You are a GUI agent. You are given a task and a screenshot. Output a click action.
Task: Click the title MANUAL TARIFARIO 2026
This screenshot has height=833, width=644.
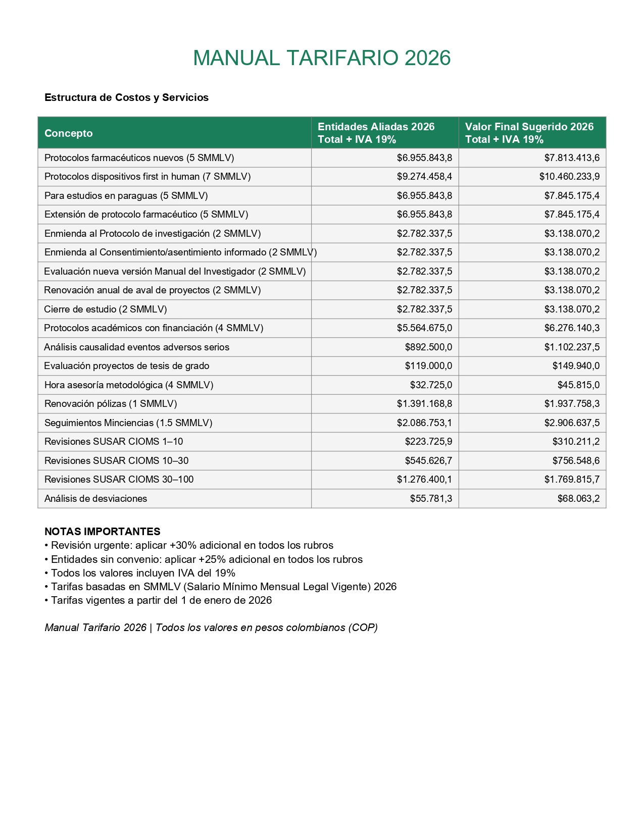point(322,58)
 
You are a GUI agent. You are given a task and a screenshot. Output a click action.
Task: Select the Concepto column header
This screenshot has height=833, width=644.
point(69,133)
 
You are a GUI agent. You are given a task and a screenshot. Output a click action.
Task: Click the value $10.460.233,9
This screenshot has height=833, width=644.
point(569,177)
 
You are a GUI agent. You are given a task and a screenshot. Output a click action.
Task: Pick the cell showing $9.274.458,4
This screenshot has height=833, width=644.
point(424,177)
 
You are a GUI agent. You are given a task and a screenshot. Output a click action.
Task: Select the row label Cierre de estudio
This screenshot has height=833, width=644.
point(106,309)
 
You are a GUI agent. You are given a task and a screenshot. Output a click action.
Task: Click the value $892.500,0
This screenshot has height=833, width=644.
point(428,347)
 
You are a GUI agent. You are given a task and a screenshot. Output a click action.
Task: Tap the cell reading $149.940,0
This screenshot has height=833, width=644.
point(576,366)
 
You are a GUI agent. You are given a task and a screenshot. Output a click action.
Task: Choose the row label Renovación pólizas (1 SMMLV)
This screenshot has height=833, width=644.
point(111,404)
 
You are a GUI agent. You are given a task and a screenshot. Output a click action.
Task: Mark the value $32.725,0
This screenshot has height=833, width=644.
point(431,385)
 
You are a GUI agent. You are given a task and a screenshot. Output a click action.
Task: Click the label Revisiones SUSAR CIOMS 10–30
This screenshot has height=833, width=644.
point(116,460)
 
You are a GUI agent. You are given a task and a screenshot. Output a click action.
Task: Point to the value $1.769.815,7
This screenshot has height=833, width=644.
point(572,480)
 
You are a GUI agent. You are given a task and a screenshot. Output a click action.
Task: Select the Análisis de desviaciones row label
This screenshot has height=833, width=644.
point(96,499)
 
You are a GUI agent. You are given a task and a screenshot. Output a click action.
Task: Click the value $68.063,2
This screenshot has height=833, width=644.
point(578,499)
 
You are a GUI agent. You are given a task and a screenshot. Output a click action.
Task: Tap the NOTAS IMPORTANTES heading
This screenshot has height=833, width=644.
point(103,532)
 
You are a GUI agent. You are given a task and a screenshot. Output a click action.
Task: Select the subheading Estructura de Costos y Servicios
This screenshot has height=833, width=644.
point(126,97)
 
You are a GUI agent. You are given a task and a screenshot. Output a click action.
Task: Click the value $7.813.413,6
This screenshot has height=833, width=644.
point(572,158)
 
